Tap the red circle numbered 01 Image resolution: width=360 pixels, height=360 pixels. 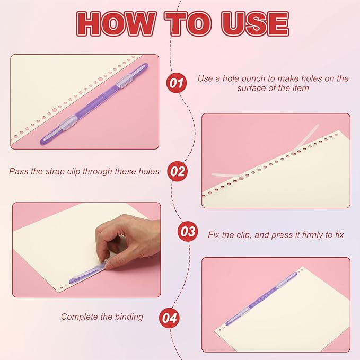tap(176, 83)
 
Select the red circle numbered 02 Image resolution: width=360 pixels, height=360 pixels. tap(177, 171)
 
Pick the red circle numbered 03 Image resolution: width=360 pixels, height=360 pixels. tap(188, 231)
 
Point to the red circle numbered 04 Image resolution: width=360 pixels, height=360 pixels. tap(170, 318)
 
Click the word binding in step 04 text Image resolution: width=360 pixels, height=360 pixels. tap(129, 317)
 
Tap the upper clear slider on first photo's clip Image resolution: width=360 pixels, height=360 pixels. tap(124, 81)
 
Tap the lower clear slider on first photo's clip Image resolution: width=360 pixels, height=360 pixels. tap(68, 122)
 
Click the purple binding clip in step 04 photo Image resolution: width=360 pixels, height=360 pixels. tap(261, 299)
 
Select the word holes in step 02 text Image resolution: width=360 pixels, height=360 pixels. tap(149, 171)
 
